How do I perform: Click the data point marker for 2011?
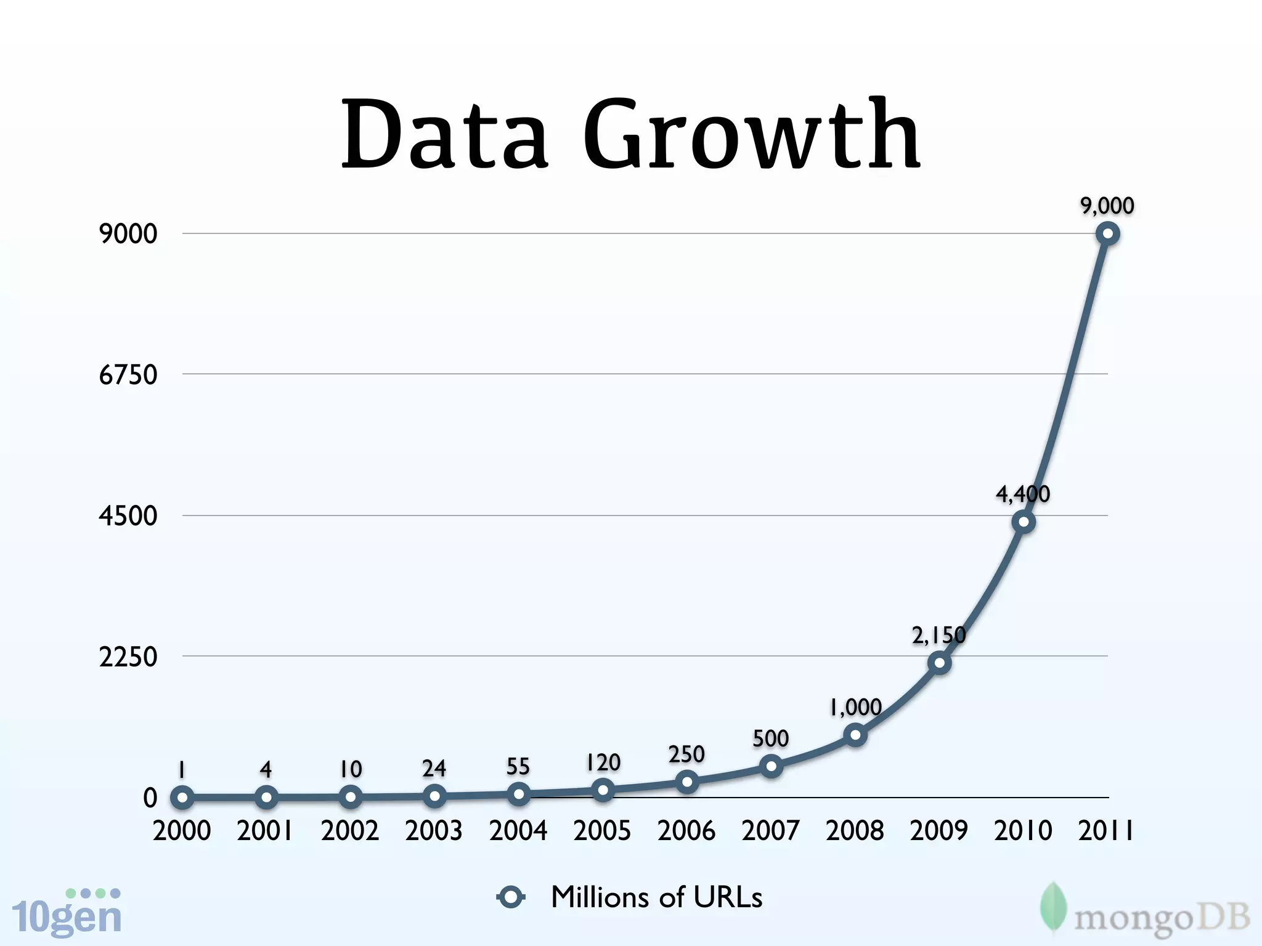click(1107, 234)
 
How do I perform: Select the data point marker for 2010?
click(1023, 522)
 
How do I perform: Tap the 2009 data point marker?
click(939, 663)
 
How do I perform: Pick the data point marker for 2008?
click(855, 735)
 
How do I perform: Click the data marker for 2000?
click(182, 798)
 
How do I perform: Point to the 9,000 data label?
click(1107, 206)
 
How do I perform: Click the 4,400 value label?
click(1023, 494)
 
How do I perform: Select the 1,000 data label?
click(855, 707)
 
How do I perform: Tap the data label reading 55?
click(518, 767)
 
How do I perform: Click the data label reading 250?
click(686, 754)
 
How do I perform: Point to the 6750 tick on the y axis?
click(128, 374)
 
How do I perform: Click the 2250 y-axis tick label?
click(128, 657)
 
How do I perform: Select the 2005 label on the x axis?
click(602, 831)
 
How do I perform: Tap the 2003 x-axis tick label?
click(434, 831)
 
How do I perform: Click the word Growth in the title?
click(752, 135)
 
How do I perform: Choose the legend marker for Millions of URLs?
click(511, 897)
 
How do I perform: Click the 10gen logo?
click(67, 913)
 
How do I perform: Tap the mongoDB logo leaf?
click(1053, 908)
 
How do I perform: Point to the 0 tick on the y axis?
click(150, 798)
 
